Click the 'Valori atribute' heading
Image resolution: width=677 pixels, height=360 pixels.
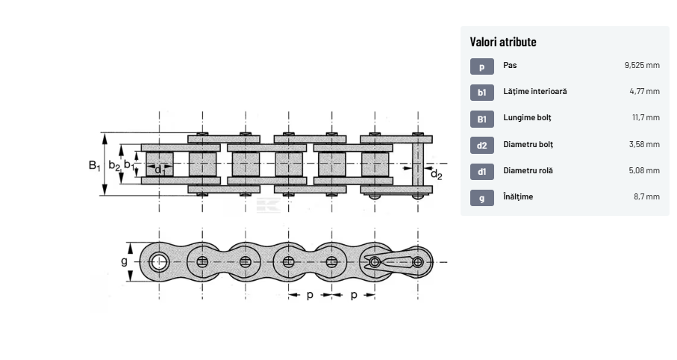coord(503,42)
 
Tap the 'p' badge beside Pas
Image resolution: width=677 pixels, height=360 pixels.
coord(481,66)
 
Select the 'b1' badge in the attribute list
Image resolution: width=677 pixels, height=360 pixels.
coord(481,92)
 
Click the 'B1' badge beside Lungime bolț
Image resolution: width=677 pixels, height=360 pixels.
coord(481,119)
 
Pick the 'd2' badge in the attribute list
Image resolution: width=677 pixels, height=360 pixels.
coord(481,145)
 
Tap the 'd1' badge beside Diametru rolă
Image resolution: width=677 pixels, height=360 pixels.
coord(481,171)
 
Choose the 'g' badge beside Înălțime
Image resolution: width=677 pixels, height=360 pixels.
coord(481,198)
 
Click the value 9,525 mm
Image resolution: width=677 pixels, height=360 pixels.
coord(642,66)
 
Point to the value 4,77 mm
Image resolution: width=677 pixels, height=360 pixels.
coord(644,92)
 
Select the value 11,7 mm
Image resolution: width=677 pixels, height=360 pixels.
coord(646,118)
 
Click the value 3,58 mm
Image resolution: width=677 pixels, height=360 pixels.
coord(644,144)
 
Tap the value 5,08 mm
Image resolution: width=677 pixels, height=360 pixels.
coord(644,170)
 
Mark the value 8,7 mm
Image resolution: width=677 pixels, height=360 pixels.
coord(646,197)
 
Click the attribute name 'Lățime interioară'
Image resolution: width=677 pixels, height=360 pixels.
coord(534,92)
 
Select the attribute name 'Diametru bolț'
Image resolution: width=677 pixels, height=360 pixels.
coord(528,144)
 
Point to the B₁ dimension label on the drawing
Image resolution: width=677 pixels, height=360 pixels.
coord(94,166)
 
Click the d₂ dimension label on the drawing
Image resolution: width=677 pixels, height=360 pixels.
coord(436,175)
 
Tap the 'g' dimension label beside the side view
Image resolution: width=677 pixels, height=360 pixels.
coord(124,261)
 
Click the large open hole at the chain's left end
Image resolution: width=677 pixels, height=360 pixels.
coord(158,261)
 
